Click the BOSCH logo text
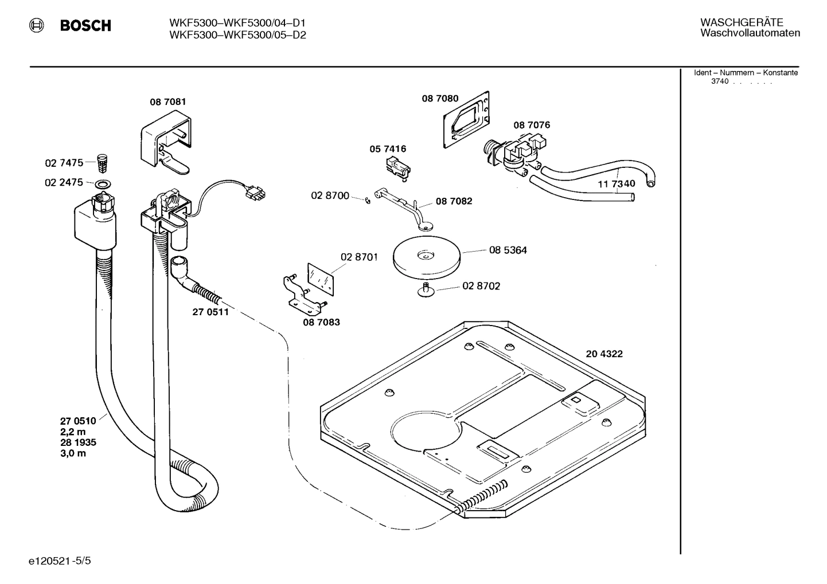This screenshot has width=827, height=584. coord(85,26)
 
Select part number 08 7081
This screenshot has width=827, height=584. coord(167,102)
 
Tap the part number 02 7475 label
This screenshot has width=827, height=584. coord(64,163)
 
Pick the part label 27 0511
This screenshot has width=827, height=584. coord(210,312)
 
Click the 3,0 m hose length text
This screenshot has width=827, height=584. coord(73,453)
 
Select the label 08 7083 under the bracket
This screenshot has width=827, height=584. coord(321,322)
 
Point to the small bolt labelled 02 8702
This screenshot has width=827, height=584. coord(426,290)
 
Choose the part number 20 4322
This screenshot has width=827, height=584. coord(604,354)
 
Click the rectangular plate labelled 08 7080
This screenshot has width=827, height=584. coord(466,120)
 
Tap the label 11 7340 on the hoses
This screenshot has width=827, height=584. coord(617,184)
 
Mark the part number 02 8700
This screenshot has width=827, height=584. coord(330,196)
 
